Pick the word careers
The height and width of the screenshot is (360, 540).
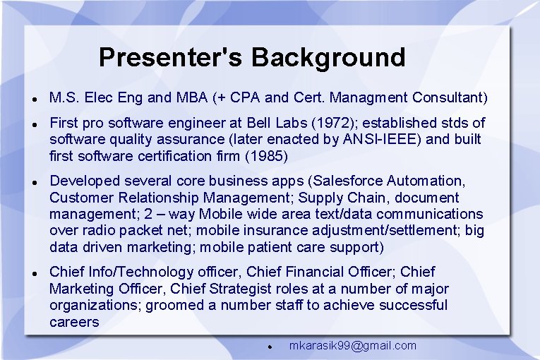pyautogui.click(x=74, y=322)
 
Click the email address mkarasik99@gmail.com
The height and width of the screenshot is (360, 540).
pyautogui.click(x=353, y=346)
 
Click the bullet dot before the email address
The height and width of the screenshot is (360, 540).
pyautogui.click(x=270, y=347)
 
